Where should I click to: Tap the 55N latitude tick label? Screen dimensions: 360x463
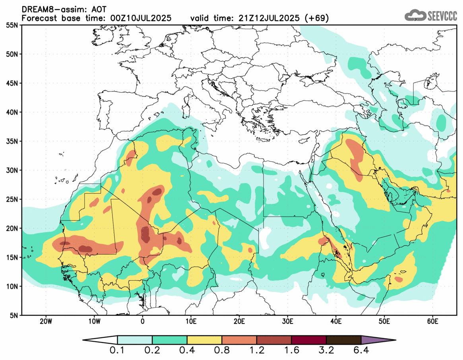click(x=12, y=25)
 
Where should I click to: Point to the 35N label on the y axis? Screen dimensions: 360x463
click(x=12, y=141)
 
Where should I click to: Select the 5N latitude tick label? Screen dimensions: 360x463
click(x=14, y=315)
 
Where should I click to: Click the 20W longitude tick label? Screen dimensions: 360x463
click(x=46, y=321)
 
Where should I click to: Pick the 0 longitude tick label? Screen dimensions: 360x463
click(x=142, y=321)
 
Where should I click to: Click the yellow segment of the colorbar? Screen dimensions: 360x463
click(x=204, y=340)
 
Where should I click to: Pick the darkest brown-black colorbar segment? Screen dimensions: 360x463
click(x=343, y=340)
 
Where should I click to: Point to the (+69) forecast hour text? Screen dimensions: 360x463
click(x=316, y=18)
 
